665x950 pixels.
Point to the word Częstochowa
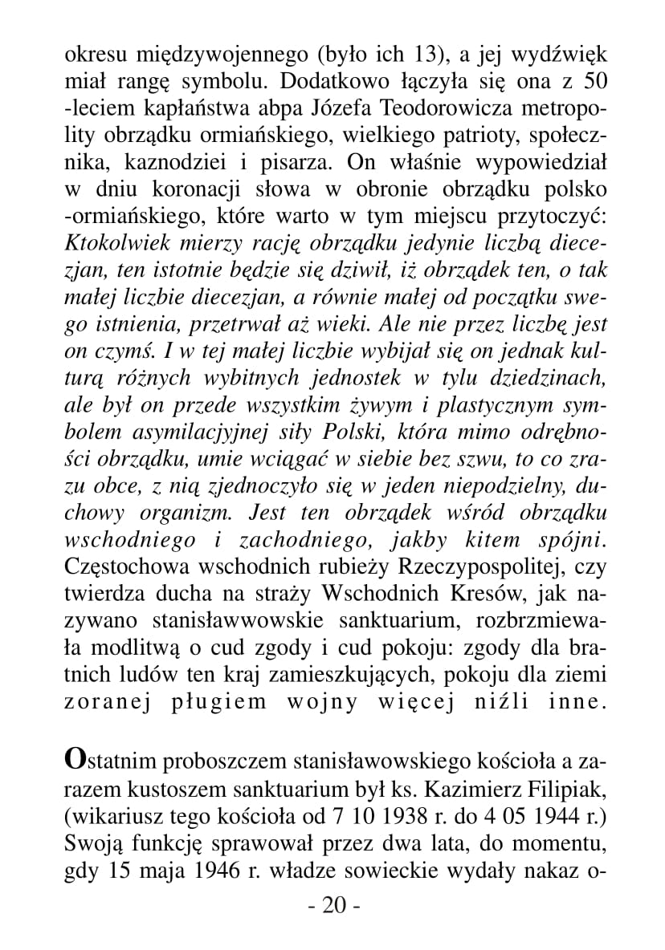tap(124, 567)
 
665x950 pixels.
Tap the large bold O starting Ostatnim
tap(75, 758)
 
